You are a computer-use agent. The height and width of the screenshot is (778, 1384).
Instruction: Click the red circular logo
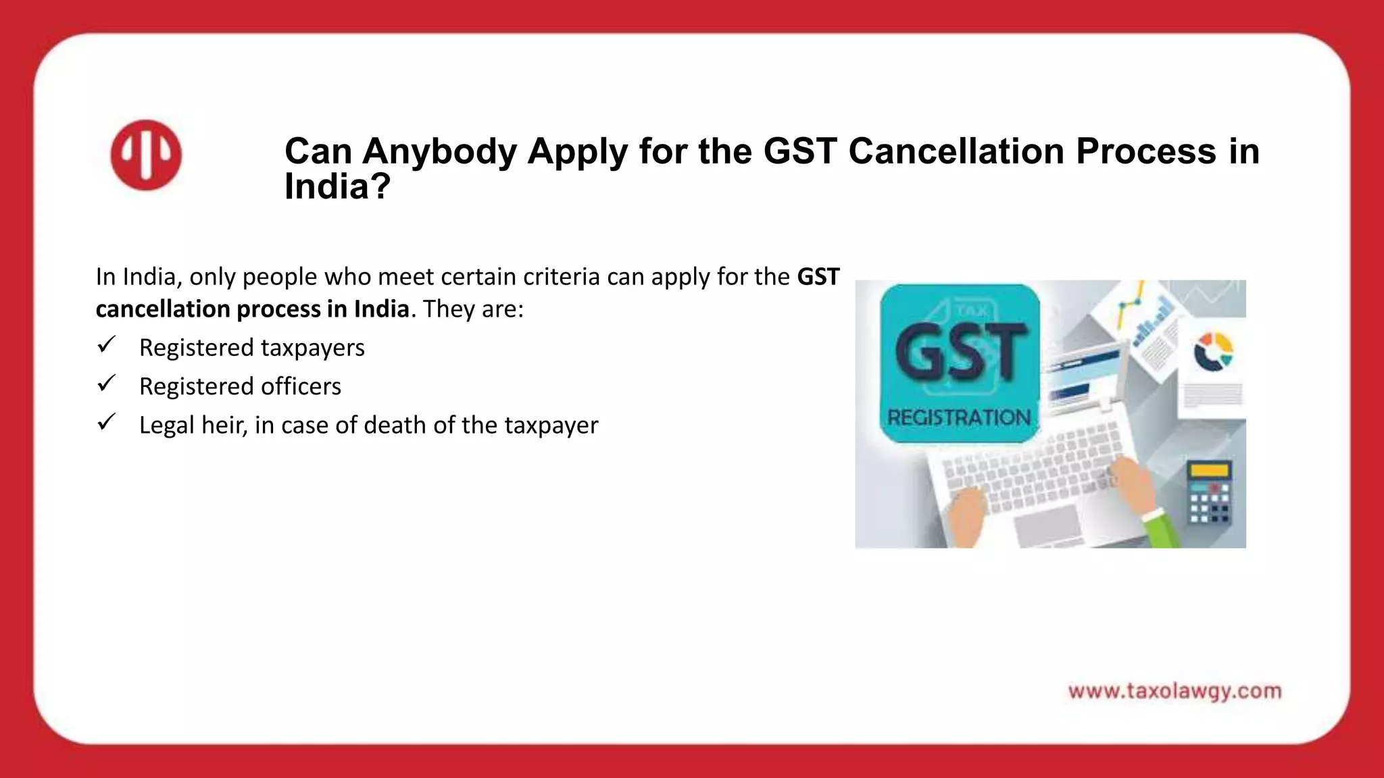(146, 155)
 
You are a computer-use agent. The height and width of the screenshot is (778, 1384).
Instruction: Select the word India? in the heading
(337, 186)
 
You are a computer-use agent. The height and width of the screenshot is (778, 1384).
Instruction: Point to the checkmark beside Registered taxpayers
(107, 345)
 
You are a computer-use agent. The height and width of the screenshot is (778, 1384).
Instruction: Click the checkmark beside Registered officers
(107, 384)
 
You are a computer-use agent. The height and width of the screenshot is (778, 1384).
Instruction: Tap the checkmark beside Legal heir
(107, 423)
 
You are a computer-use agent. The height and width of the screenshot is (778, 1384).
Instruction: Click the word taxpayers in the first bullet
(313, 348)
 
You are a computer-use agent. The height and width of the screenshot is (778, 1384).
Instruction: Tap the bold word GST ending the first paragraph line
(818, 277)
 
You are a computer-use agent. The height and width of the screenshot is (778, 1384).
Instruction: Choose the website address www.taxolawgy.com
(1175, 692)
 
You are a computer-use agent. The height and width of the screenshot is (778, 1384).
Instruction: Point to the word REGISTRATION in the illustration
(959, 417)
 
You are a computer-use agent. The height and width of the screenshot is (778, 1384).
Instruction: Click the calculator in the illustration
(1210, 493)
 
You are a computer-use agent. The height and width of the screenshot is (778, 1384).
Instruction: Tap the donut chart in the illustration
(1213, 351)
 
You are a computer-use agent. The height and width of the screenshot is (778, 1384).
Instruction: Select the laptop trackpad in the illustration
(1047, 523)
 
